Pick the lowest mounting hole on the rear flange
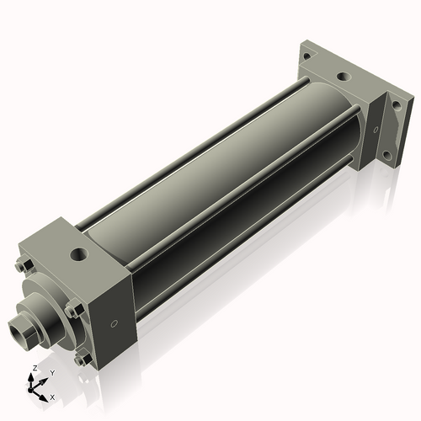click(x=386, y=156)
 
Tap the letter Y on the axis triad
click(x=52, y=372)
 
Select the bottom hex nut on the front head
click(x=81, y=360)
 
